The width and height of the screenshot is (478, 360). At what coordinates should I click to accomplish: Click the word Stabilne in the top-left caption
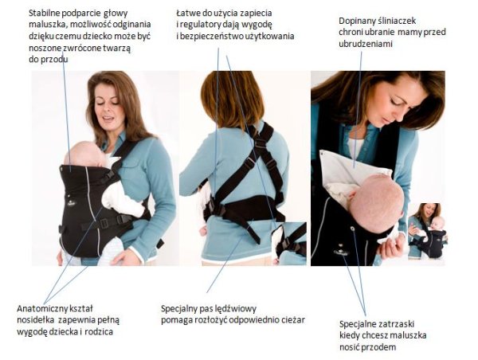pyautogui.click(x=41, y=14)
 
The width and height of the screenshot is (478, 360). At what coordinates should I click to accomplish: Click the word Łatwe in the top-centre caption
pyautogui.click(x=186, y=14)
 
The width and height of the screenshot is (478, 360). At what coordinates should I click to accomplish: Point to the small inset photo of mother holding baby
pyautogui.click(x=427, y=232)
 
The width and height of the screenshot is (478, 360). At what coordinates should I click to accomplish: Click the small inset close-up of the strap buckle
pyautogui.click(x=289, y=244)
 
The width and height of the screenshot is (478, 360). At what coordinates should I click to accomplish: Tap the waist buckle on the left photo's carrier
pyautogui.click(x=104, y=224)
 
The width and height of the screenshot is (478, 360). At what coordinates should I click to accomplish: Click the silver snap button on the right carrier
pyautogui.click(x=353, y=229)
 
